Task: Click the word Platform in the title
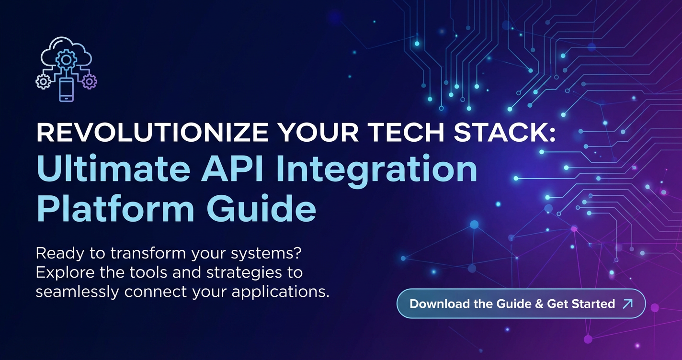pyautogui.click(x=115, y=208)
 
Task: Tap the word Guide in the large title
pyautogui.click(x=261, y=208)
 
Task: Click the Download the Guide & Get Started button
pyautogui.click(x=521, y=304)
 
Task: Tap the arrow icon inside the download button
pyautogui.click(x=628, y=304)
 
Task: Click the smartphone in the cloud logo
pyautogui.click(x=67, y=89)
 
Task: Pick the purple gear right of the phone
pyautogui.click(x=89, y=81)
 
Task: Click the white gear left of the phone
pyautogui.click(x=43, y=81)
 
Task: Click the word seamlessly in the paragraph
pyautogui.click(x=77, y=292)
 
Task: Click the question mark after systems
pyautogui.click(x=297, y=253)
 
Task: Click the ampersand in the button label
pyautogui.click(x=539, y=304)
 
